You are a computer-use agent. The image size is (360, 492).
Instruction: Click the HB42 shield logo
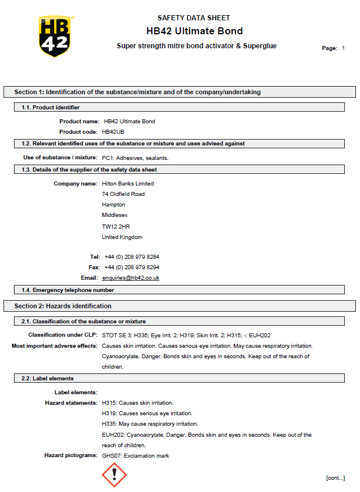click(x=56, y=36)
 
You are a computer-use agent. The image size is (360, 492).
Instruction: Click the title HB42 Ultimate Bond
click(x=194, y=31)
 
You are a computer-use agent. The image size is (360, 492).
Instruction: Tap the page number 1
click(x=343, y=48)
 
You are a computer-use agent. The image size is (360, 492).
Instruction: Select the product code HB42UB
click(x=113, y=132)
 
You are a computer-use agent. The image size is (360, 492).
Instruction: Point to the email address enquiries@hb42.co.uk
click(x=131, y=278)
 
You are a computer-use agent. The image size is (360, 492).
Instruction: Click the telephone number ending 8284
click(x=131, y=256)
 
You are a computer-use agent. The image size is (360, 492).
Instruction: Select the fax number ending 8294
click(x=131, y=268)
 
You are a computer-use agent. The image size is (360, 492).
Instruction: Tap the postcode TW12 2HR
click(x=112, y=226)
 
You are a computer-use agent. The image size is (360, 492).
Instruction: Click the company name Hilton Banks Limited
click(x=127, y=184)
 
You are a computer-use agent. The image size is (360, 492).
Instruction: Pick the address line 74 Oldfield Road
click(x=123, y=194)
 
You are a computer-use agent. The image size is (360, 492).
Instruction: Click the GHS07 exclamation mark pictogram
click(x=114, y=475)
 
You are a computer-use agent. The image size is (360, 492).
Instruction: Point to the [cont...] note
click(x=335, y=478)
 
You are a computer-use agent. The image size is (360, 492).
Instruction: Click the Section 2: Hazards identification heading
click(x=63, y=306)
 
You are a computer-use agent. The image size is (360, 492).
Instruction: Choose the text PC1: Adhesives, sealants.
click(x=135, y=158)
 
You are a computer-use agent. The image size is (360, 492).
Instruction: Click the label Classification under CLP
click(x=63, y=335)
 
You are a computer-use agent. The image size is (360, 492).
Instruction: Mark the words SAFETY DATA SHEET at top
click(x=194, y=18)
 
